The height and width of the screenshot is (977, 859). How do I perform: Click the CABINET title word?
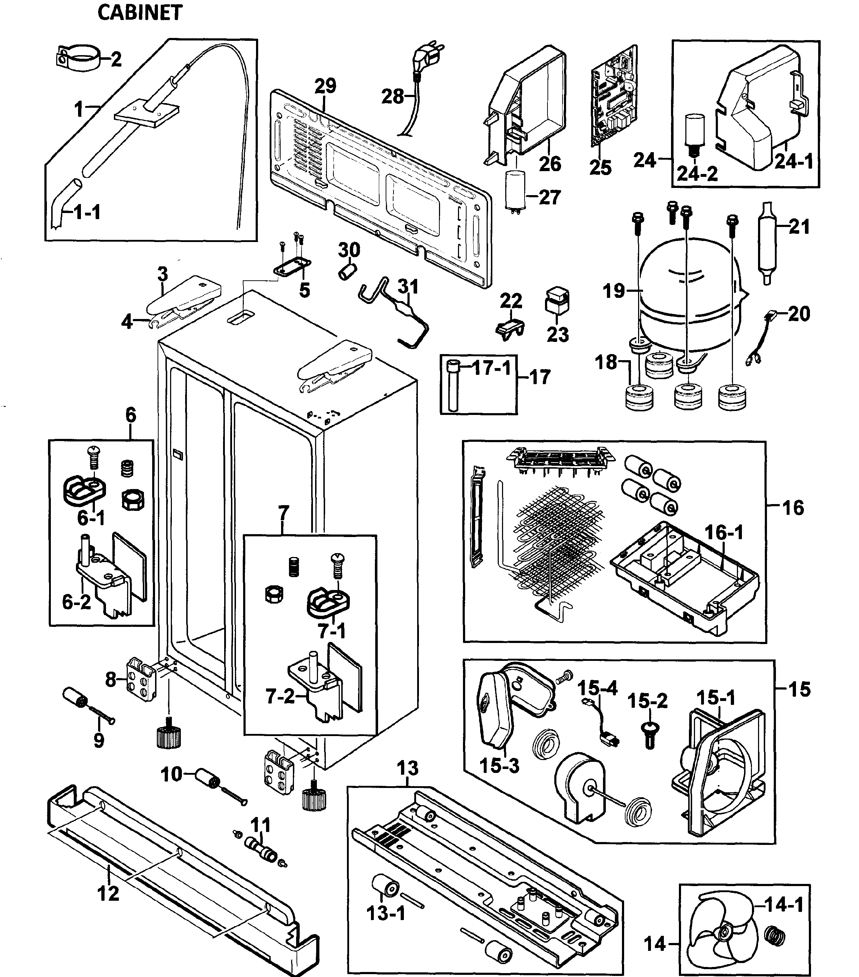(140, 13)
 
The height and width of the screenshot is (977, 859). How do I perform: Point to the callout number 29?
(325, 86)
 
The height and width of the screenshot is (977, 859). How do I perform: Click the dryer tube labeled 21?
(768, 244)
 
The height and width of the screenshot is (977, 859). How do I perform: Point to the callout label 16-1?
(724, 532)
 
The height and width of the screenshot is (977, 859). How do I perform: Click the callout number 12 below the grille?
(108, 893)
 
